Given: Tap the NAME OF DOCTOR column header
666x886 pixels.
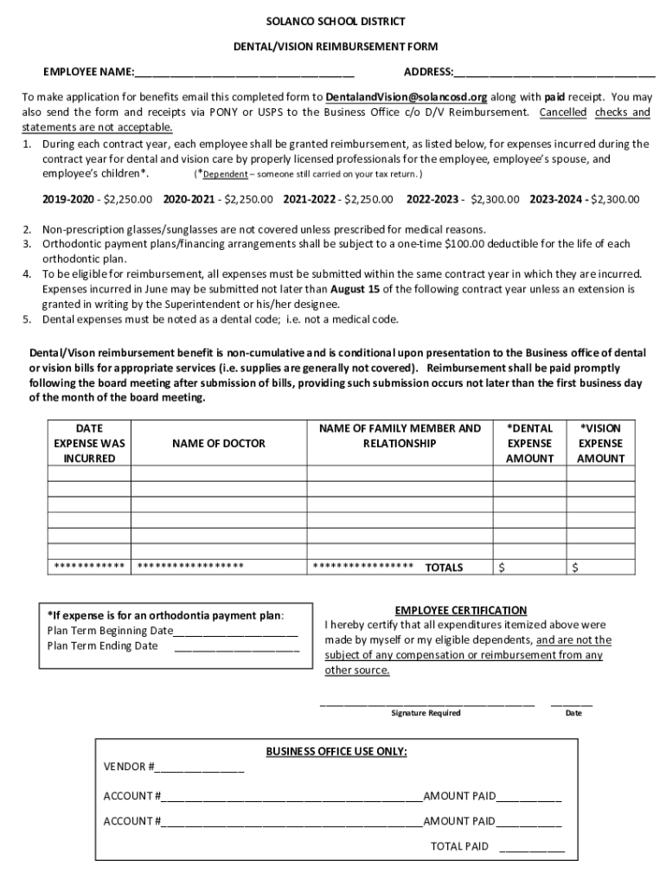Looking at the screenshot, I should pyautogui.click(x=219, y=443).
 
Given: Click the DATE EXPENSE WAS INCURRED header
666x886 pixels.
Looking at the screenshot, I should pyautogui.click(x=89, y=443).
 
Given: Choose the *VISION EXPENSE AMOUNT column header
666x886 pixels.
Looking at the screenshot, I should pyautogui.click(x=600, y=443).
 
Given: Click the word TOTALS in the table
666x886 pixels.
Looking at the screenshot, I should pyautogui.click(x=444, y=568).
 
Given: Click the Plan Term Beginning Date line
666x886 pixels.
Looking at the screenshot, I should pyautogui.click(x=235, y=631).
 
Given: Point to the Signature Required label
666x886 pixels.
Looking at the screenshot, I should pyautogui.click(x=426, y=713).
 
